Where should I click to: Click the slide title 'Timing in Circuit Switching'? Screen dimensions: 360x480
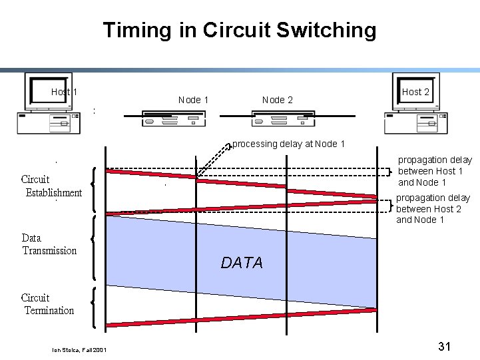[x=240, y=30]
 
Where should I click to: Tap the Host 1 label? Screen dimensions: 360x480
[x=64, y=92]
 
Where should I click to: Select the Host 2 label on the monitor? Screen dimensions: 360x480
[x=415, y=92]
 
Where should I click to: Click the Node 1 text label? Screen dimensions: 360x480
[x=193, y=100]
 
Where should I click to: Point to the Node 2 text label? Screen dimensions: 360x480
[x=277, y=100]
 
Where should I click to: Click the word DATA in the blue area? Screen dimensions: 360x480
[x=242, y=263]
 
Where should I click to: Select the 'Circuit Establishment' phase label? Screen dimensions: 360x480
[x=52, y=186]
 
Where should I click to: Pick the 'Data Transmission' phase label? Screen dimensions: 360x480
[x=49, y=244]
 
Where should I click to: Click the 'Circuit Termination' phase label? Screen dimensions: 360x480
[x=48, y=304]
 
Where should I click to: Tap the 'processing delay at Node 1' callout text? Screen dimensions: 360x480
[x=288, y=144]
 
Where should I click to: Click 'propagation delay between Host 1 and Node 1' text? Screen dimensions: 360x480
[x=435, y=171]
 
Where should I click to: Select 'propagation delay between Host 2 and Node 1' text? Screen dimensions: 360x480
[x=433, y=209]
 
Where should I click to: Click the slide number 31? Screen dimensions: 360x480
[x=445, y=346]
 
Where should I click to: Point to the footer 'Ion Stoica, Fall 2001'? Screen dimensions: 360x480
[x=79, y=350]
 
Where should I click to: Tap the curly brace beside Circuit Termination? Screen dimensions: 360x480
[x=93, y=307]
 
